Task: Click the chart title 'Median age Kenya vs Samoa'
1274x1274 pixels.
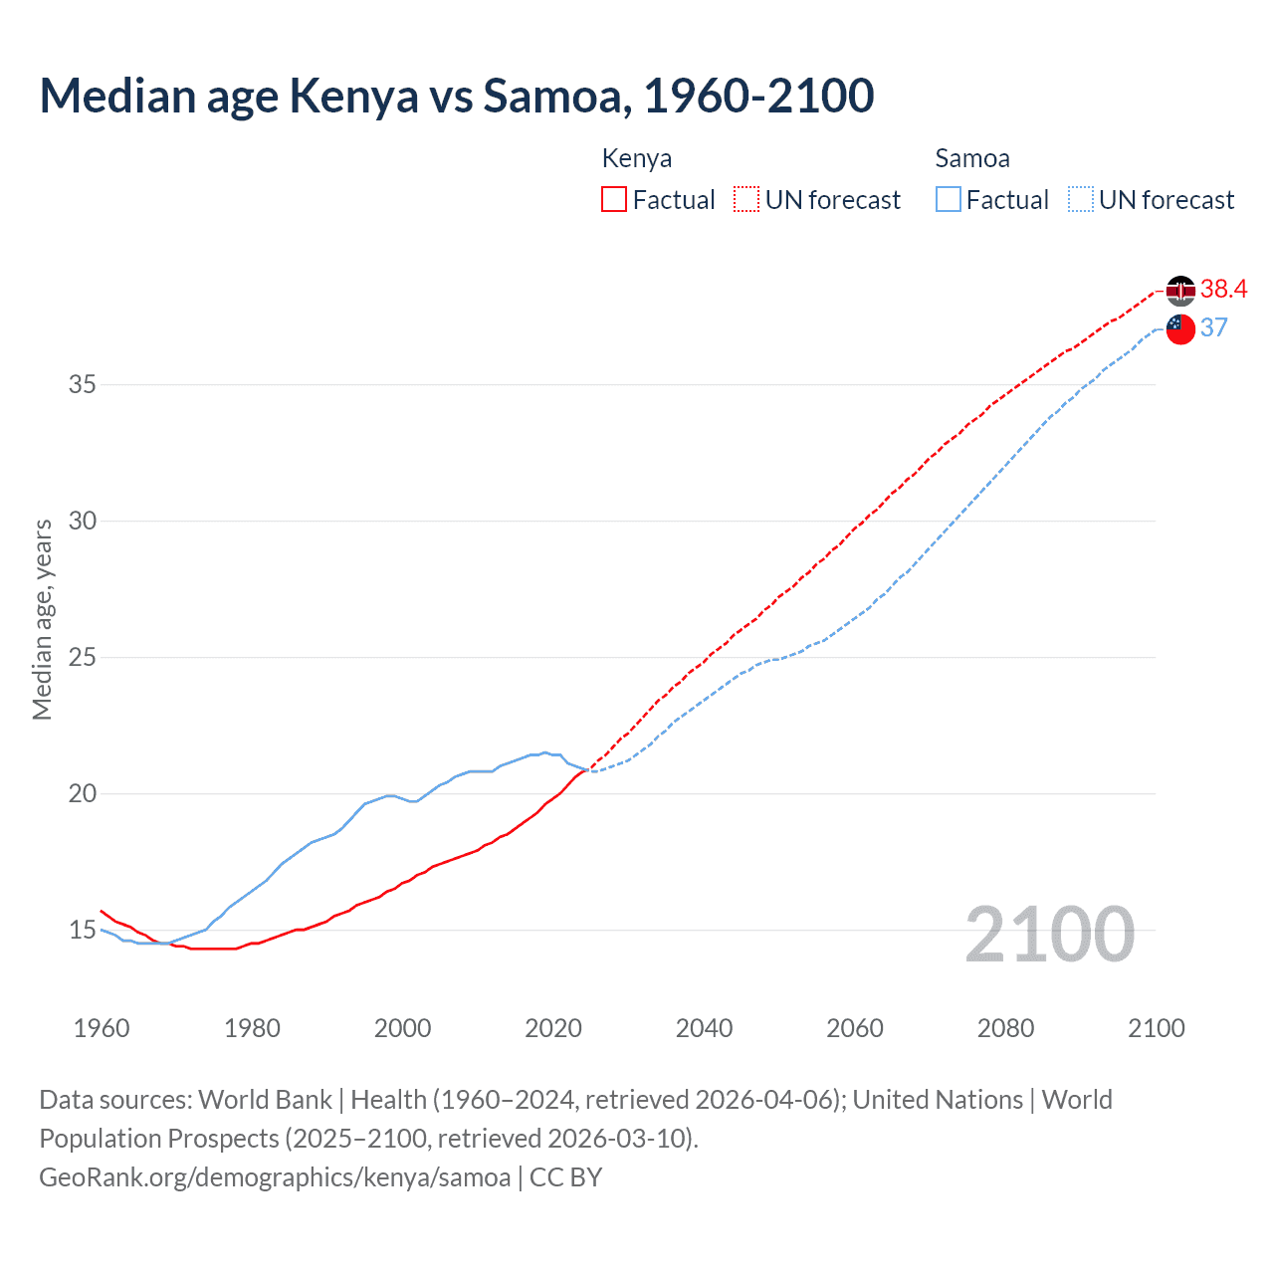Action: coord(456,96)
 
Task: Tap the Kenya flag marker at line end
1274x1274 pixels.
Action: coord(1180,291)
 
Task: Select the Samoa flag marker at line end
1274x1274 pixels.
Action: coord(1180,328)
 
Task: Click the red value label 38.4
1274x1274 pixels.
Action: coord(1223,290)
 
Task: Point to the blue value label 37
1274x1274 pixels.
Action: coord(1213,328)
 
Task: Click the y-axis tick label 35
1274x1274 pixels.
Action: coord(82,384)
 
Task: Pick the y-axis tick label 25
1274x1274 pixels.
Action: coord(82,658)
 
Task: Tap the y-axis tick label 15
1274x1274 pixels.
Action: coord(82,931)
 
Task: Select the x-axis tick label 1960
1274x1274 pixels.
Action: coord(102,1028)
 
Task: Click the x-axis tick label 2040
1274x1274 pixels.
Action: coord(704,1028)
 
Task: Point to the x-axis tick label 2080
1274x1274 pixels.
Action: coord(1005,1028)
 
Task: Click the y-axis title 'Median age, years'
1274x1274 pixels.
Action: coord(42,619)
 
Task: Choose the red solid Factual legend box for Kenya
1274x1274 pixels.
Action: coord(614,200)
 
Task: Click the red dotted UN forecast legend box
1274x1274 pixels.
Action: coord(746,200)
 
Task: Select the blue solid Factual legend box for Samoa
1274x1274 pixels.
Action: coord(948,200)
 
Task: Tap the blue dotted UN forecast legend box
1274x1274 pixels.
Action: coord(1080,200)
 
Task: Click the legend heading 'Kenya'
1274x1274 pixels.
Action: coord(637,158)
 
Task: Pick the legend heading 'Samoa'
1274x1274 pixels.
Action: coord(972,158)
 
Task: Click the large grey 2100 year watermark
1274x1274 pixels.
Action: coord(1049,934)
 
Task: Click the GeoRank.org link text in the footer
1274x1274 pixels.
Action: coord(275,1177)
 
